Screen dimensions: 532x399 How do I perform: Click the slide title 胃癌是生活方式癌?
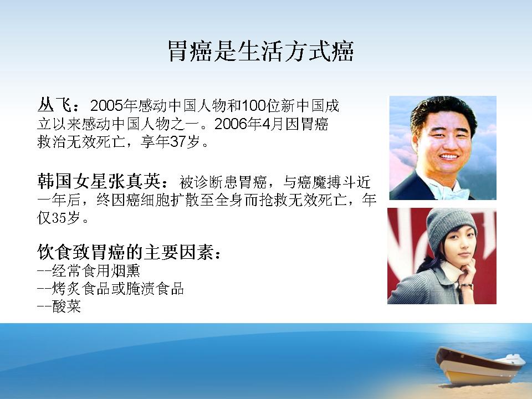pyautogui.click(x=261, y=52)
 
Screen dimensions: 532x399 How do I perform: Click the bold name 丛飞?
pyautogui.click(x=54, y=105)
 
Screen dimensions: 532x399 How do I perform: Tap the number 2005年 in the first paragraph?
pyautogui.click(x=114, y=106)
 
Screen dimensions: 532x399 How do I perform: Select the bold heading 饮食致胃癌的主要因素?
pyautogui.click(x=125, y=252)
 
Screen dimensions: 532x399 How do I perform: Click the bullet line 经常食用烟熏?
pyautogui.click(x=96, y=271)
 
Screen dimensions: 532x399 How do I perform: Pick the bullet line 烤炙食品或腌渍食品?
pyautogui.click(x=118, y=289)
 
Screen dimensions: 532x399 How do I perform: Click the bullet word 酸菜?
pyautogui.click(x=66, y=306)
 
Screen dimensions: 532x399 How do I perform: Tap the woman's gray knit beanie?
pyautogui.click(x=451, y=224)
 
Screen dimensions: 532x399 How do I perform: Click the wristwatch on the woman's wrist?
pyautogui.click(x=467, y=286)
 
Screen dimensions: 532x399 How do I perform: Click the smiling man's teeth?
pyautogui.click(x=449, y=157)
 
